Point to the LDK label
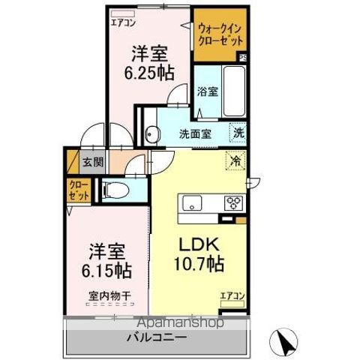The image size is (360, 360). tap(196, 245)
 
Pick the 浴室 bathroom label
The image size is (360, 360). tap(208, 92)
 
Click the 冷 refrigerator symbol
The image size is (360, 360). tap(235, 160)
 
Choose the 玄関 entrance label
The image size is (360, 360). tap(93, 160)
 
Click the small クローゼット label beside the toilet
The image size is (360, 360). tap(79, 190)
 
